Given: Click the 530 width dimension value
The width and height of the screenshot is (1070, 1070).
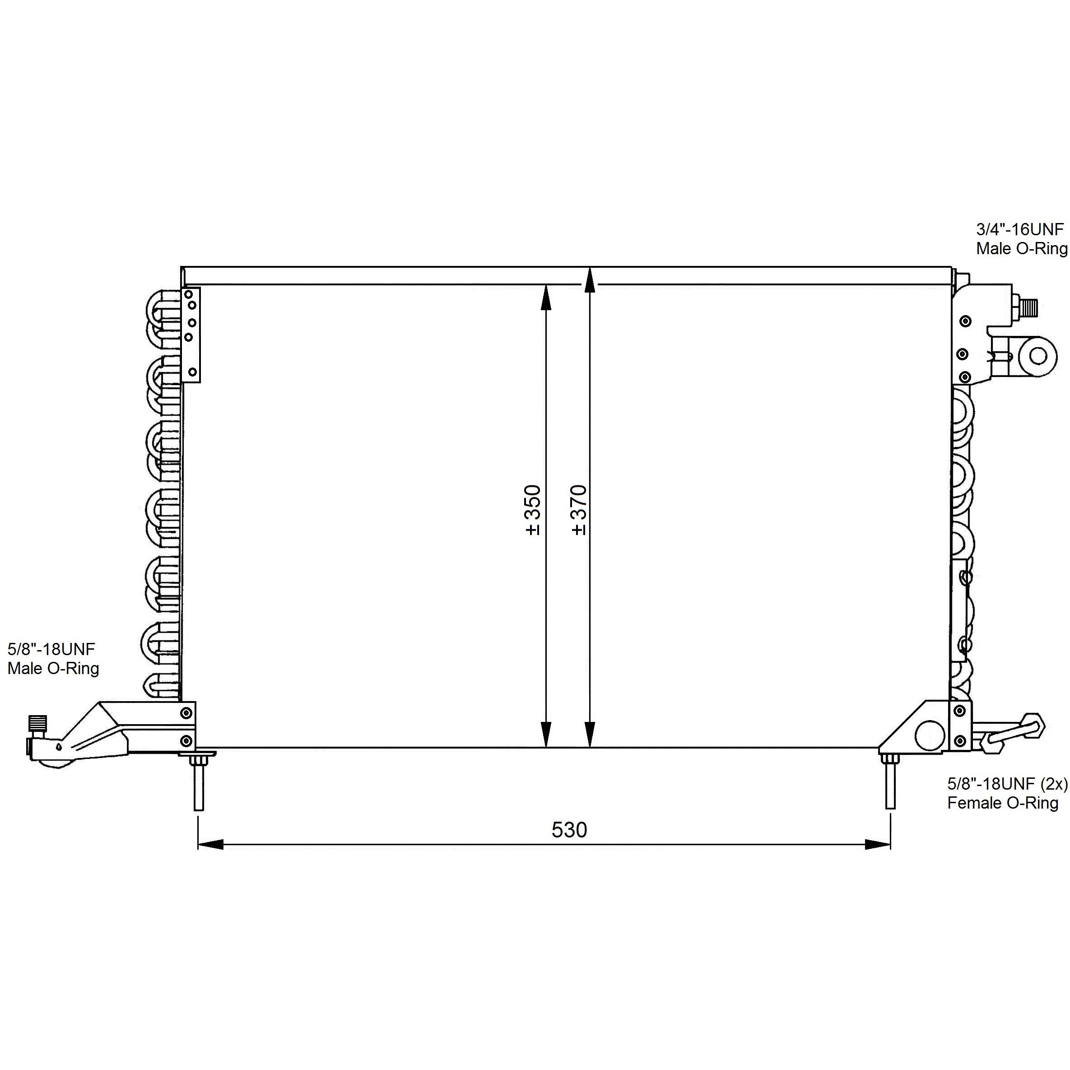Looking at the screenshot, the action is tap(569, 830).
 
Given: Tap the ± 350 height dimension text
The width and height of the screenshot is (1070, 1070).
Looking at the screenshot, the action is tap(533, 510).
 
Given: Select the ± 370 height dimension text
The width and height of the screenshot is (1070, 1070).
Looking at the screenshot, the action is tap(579, 510).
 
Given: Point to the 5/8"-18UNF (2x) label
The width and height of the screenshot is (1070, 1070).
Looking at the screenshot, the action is tap(1007, 783).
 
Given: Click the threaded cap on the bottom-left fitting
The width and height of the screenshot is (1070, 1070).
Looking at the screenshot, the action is tap(37, 723).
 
